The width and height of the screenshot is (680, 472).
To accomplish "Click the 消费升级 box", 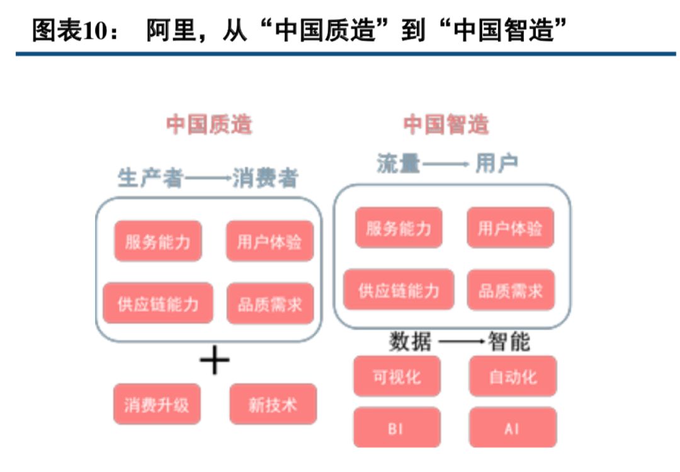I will [157, 404].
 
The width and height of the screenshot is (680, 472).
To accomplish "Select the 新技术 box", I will [273, 404].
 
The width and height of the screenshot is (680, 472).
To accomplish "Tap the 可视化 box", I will [397, 376].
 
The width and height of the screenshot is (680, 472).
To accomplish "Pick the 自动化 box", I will [513, 376].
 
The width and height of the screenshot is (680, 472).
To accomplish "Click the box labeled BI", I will [397, 428].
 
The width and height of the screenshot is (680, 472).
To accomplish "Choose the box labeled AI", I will [513, 428].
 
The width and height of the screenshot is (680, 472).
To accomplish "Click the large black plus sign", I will [215, 362].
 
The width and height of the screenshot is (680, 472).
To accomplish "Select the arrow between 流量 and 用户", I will [446, 164].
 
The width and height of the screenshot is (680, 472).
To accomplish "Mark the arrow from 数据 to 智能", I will [462, 342].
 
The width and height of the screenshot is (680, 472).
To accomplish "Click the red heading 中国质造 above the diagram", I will [209, 124].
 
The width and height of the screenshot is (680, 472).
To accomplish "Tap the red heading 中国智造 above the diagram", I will [446, 124].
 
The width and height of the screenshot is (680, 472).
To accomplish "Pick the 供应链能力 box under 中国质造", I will [158, 304].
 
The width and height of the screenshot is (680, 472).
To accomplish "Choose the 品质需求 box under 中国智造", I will [511, 291].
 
